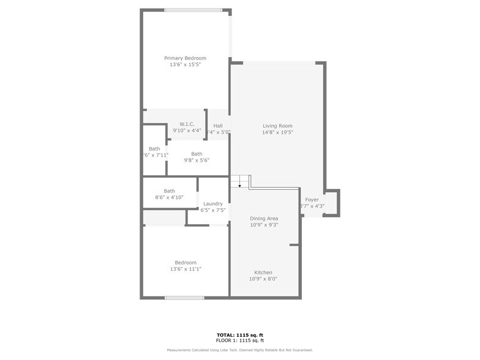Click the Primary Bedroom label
coord(185,58)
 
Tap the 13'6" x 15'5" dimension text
coord(185,64)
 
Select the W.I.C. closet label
coord(187,124)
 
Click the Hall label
coord(218,126)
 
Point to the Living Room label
coord(277,126)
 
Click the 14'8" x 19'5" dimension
coord(277,132)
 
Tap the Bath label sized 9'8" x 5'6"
coord(197,154)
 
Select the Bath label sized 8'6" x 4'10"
coord(169,191)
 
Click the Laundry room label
coord(213,204)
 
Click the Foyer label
coord(312,200)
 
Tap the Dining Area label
coord(264,219)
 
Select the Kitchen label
coord(263,272)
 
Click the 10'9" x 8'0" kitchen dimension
coord(263,279)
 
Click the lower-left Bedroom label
coord(185,263)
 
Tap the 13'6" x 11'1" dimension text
coord(185,269)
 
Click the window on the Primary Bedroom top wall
coord(193,10)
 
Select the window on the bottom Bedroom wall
coord(184,298)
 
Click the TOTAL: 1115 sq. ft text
coord(240,335)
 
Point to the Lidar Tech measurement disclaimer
coord(240,350)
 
